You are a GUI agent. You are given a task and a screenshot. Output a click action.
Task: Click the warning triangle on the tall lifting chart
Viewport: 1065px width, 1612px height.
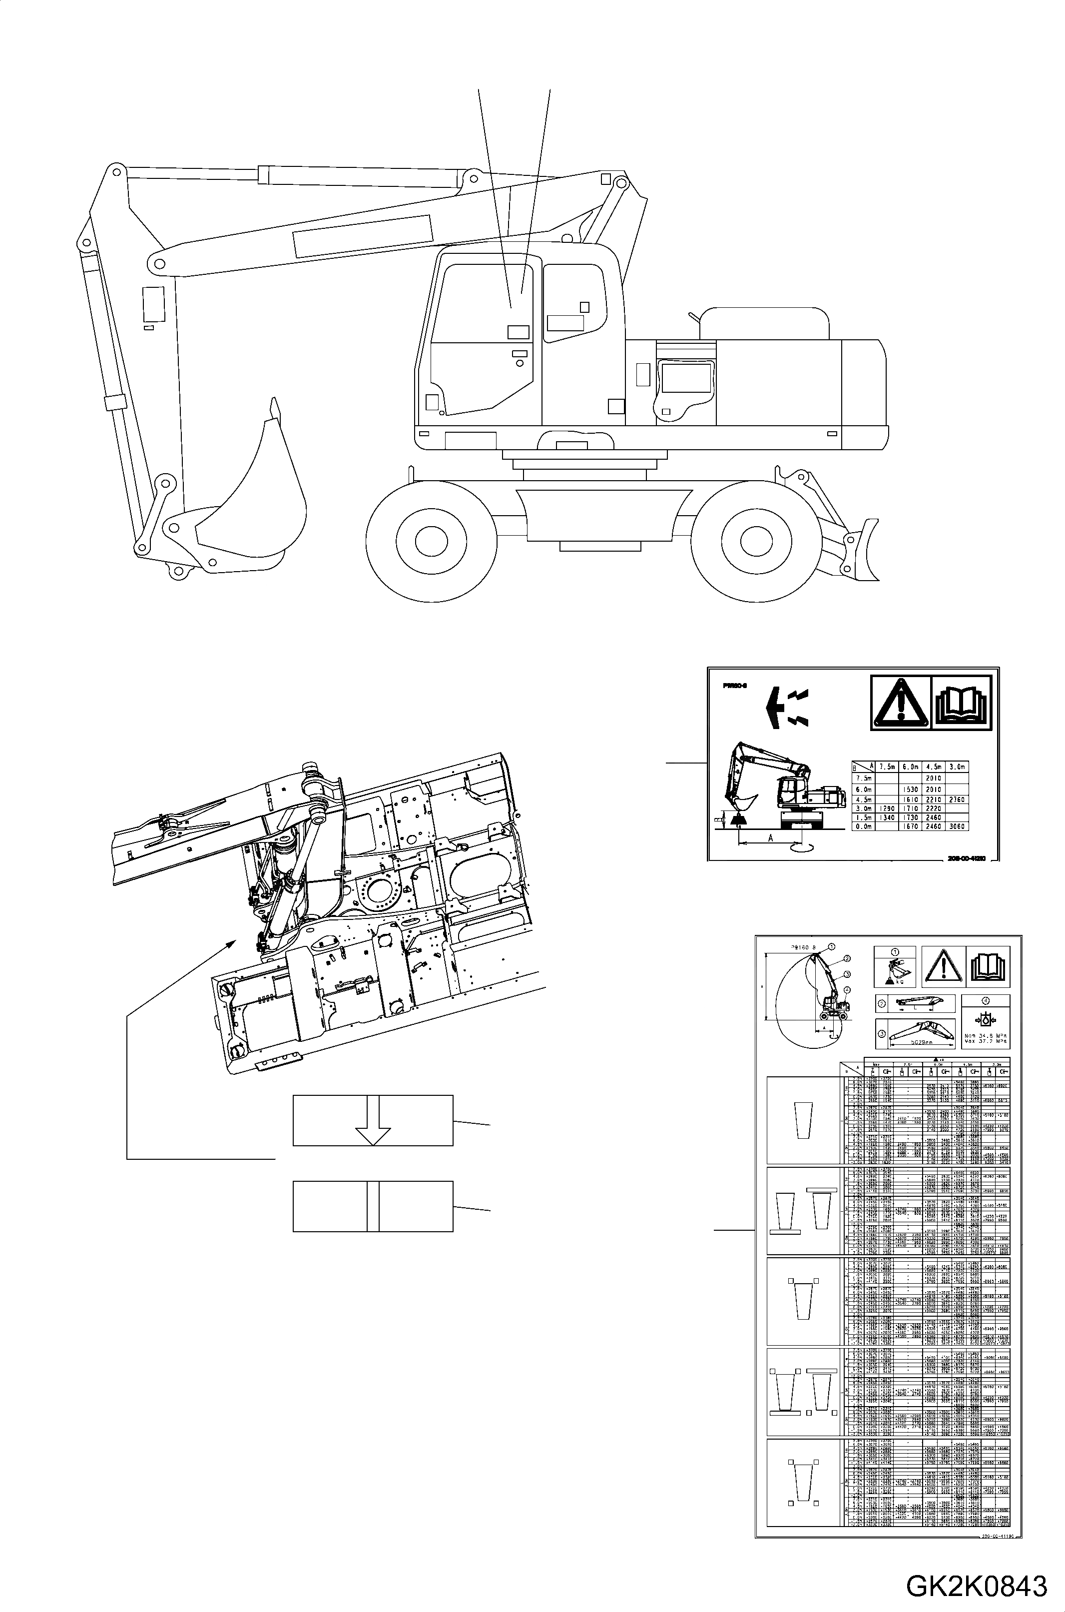point(942,967)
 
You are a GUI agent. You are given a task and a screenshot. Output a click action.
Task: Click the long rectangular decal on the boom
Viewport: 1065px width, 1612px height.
point(363,236)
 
